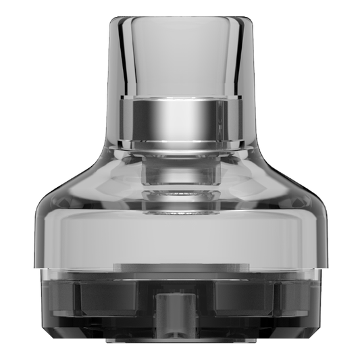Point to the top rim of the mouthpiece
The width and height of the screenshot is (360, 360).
click(180, 16)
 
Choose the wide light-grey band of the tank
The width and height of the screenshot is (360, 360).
click(180, 236)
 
